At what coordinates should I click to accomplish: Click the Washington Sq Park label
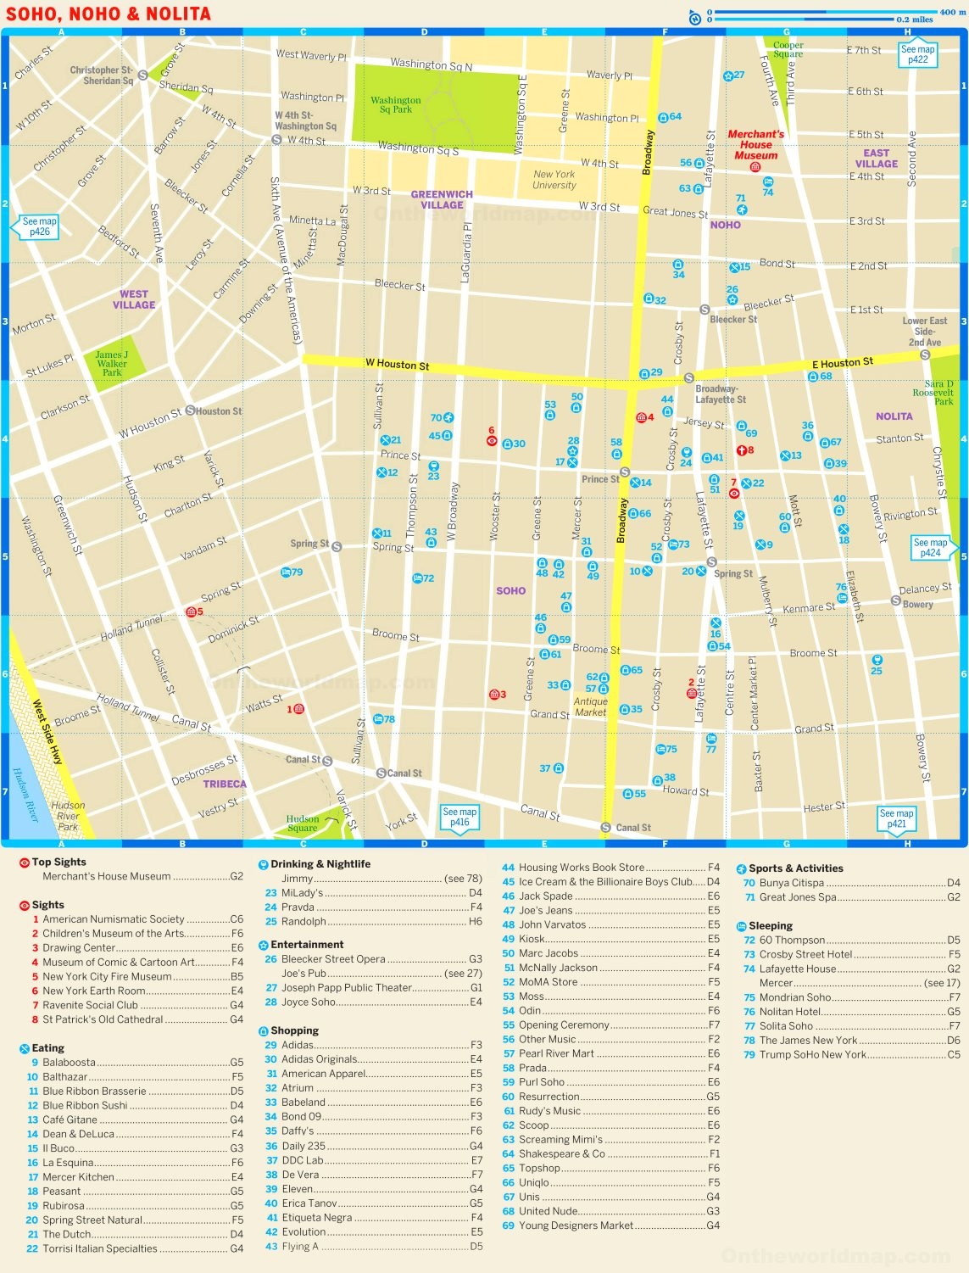(395, 104)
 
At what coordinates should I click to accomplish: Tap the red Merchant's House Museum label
(755, 145)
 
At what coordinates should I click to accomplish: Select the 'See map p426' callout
(39, 226)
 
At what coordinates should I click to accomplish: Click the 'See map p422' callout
(917, 55)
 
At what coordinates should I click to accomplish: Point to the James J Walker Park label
(112, 364)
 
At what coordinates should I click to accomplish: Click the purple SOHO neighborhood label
(510, 590)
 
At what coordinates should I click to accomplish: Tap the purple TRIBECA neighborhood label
(225, 784)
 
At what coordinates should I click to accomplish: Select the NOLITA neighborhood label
(894, 416)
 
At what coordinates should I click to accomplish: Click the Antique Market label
(590, 706)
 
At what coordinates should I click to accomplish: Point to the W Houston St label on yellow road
(397, 365)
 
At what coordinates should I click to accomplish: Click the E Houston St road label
(842, 363)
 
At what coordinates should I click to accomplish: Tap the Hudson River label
(25, 796)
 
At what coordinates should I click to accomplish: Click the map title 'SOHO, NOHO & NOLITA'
(109, 14)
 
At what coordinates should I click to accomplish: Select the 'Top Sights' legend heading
(58, 862)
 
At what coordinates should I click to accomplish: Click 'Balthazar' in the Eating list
(65, 1076)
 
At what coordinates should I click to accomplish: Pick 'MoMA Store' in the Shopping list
(548, 982)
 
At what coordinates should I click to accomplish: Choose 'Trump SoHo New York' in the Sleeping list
(812, 1054)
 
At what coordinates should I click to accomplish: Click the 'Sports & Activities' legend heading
(795, 868)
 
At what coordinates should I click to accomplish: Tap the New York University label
(554, 180)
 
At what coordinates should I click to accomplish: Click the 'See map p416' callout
(459, 817)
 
